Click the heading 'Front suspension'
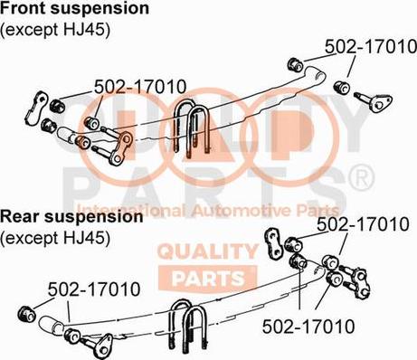tap(75, 9)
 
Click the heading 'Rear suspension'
tap(71, 218)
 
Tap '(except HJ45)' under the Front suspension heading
tap(55, 29)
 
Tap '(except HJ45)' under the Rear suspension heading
tap(55, 239)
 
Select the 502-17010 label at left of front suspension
tap(140, 87)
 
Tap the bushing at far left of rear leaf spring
tap(26, 312)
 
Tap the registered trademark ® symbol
tap(361, 179)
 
